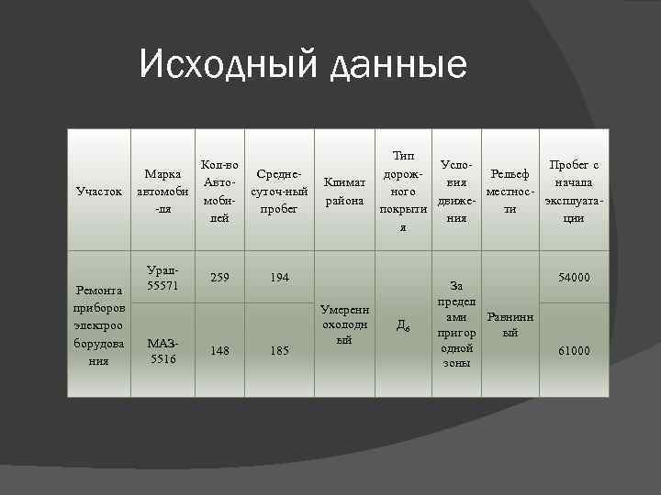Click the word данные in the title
pos(398,66)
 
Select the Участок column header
pos(99,192)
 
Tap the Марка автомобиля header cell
pos(162,192)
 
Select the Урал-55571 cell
pos(162,279)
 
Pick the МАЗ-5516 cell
pos(162,350)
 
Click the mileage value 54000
pos(573,277)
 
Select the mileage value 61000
pos(573,350)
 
